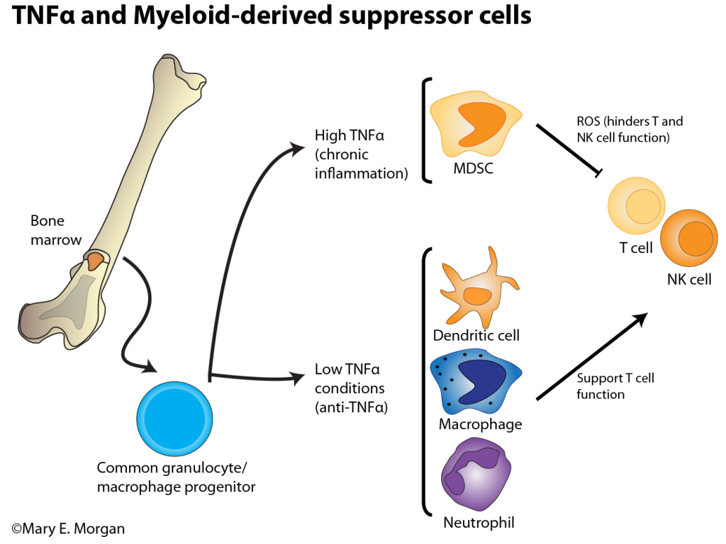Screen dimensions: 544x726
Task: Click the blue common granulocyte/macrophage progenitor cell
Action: [x=174, y=419]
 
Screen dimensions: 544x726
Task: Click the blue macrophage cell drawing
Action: [x=475, y=382]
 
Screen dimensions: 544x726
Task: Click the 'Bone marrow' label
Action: [x=57, y=230]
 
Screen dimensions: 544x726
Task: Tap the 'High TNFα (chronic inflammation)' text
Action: [x=361, y=154]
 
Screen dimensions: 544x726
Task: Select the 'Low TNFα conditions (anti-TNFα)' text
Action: [x=350, y=388]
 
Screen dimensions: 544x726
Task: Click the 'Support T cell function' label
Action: [x=615, y=386]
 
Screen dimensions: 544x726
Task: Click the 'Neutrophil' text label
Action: [x=479, y=523]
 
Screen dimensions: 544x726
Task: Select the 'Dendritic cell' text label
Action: [x=476, y=335]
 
